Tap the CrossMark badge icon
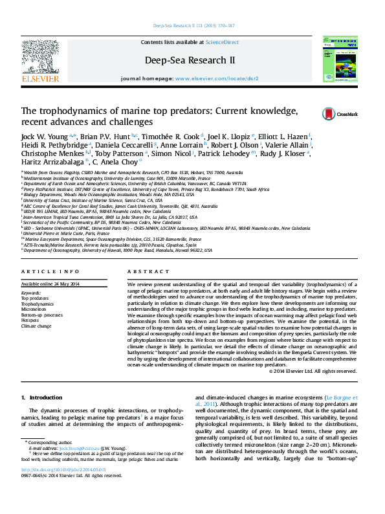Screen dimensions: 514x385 click(x=336, y=114)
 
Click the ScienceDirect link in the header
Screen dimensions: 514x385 click(x=222, y=42)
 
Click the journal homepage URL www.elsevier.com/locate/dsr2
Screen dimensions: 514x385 click(x=217, y=78)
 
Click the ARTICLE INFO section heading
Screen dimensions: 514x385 click(x=50, y=271)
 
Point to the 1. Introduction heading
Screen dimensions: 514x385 click(x=41, y=397)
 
